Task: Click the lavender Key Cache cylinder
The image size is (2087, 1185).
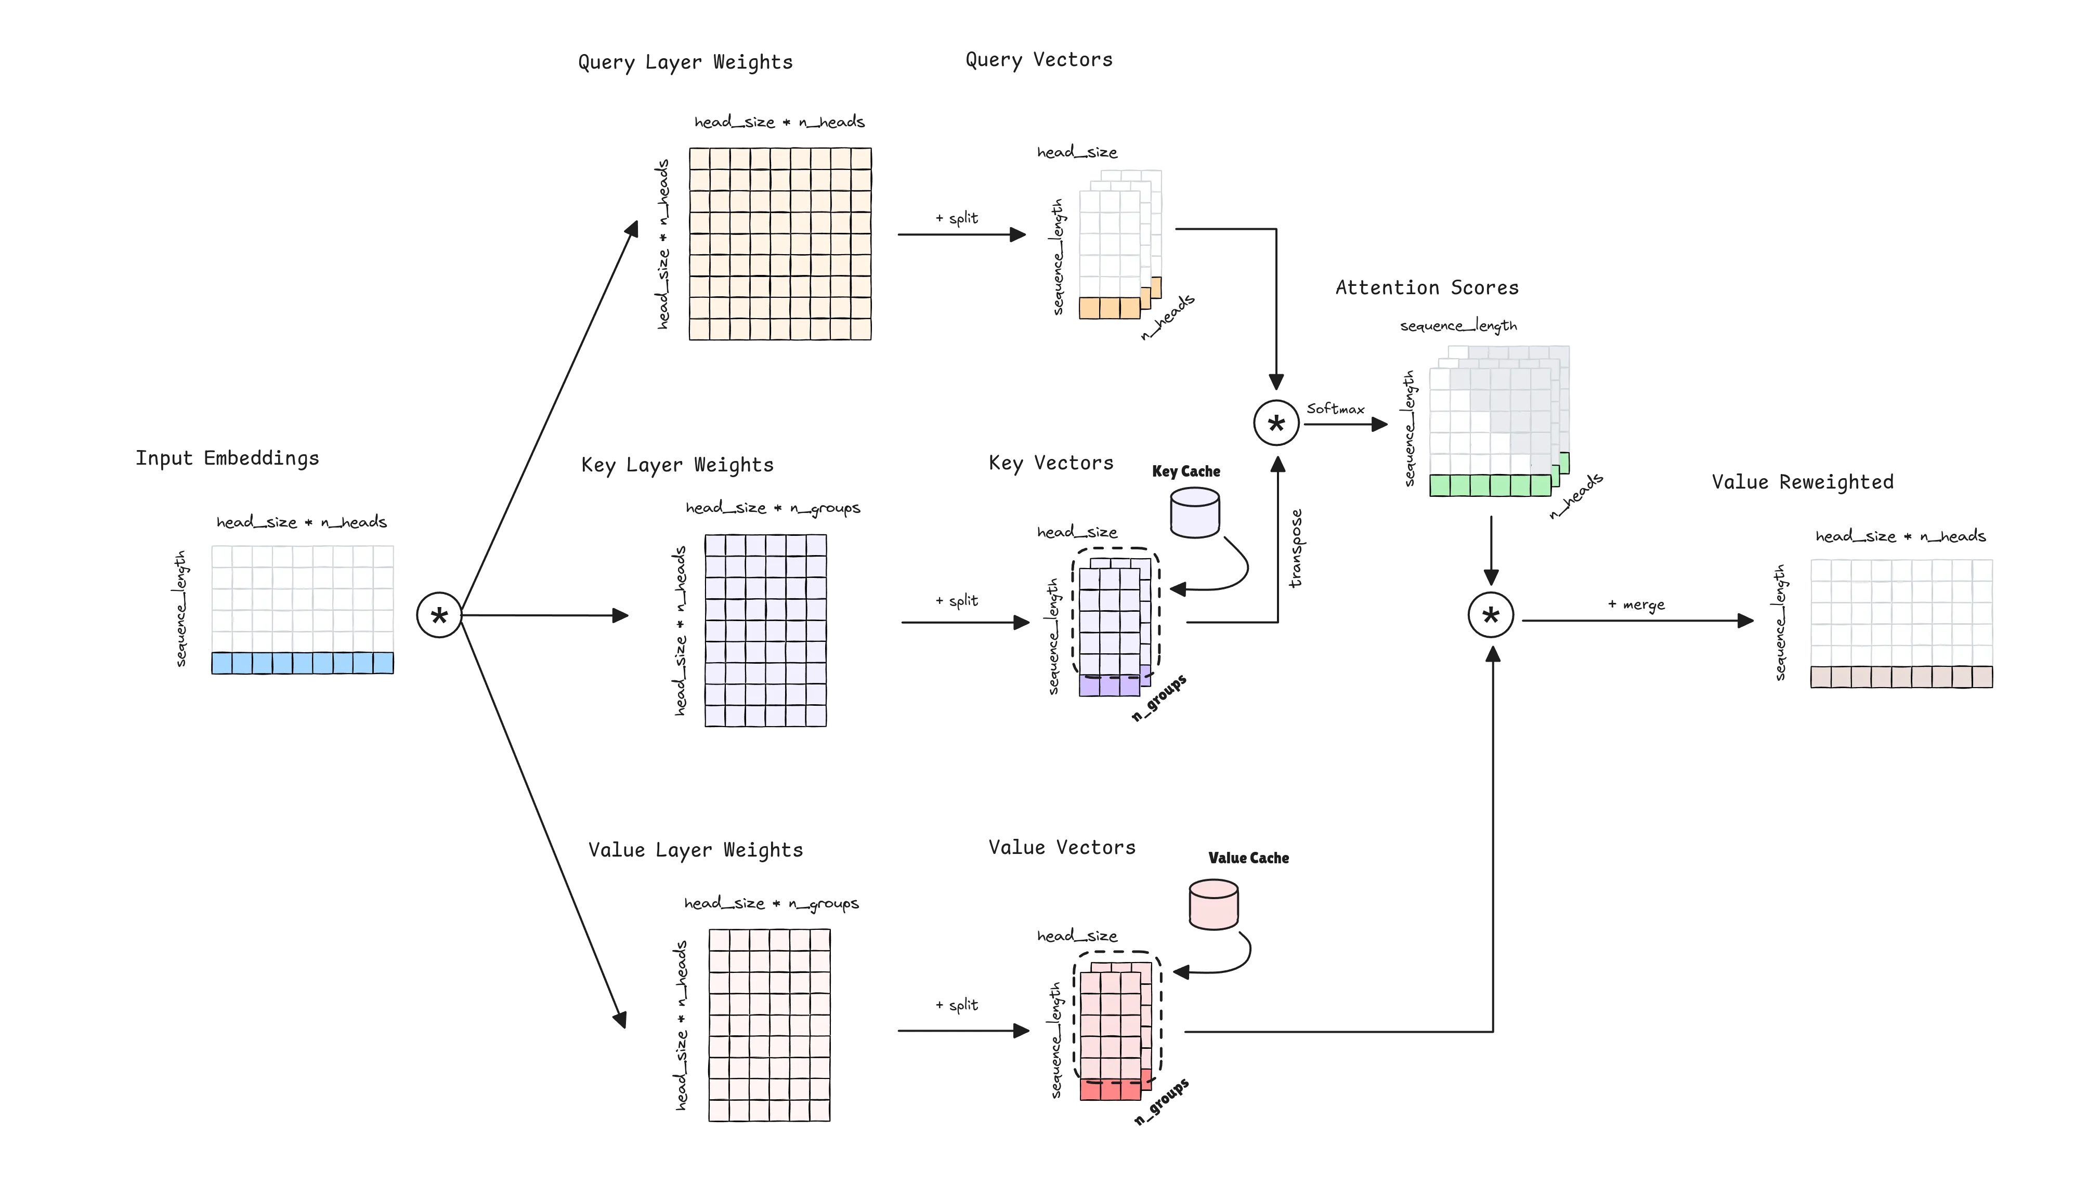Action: coord(1195,513)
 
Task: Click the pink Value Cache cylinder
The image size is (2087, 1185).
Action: coord(1214,904)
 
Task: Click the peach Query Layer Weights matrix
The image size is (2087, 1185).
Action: coord(780,243)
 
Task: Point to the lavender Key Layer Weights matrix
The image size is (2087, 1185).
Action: coord(765,629)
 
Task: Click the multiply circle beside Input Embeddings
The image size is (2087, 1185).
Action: coord(439,615)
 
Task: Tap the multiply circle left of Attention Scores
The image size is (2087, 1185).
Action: coord(1276,422)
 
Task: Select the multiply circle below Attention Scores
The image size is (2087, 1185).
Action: coord(1490,615)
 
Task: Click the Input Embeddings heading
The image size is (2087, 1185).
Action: coord(226,459)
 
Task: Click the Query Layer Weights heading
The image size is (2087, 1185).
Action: coord(685,63)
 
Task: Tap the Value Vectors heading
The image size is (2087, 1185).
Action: coord(1061,847)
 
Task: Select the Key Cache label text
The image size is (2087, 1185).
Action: coord(1187,470)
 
